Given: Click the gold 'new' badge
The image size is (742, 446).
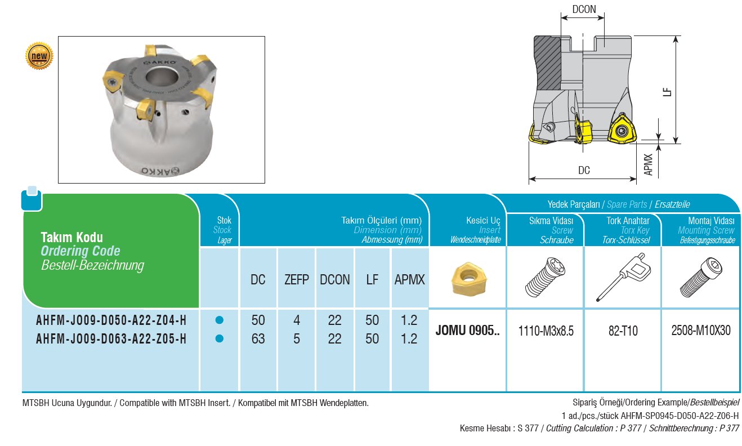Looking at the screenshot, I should click(39, 56).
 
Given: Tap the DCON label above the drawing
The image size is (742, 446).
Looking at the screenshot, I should click(583, 10).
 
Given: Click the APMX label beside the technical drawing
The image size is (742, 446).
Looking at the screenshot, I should click(649, 164).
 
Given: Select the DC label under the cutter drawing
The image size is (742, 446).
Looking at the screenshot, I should click(584, 170).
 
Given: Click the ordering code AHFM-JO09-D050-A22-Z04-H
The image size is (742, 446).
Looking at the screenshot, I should click(111, 321).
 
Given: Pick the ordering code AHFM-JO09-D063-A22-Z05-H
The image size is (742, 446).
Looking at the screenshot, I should click(111, 339).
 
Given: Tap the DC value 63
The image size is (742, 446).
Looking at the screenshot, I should click(258, 339).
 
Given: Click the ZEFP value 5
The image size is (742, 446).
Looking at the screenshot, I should click(297, 339).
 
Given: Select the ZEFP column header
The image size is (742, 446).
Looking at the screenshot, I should click(297, 279).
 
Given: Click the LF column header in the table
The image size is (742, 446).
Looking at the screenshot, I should click(372, 279).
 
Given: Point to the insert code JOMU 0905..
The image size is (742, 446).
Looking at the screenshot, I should click(467, 331).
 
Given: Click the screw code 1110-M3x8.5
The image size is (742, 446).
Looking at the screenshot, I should click(546, 331).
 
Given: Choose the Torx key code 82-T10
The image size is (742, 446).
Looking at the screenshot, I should click(622, 331).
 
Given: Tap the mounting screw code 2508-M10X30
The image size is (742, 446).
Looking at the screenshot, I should click(701, 331).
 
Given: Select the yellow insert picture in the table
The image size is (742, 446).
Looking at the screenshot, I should click(467, 277).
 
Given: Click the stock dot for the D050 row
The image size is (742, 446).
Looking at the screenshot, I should click(220, 320).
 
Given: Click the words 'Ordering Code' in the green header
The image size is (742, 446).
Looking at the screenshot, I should click(81, 251).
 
